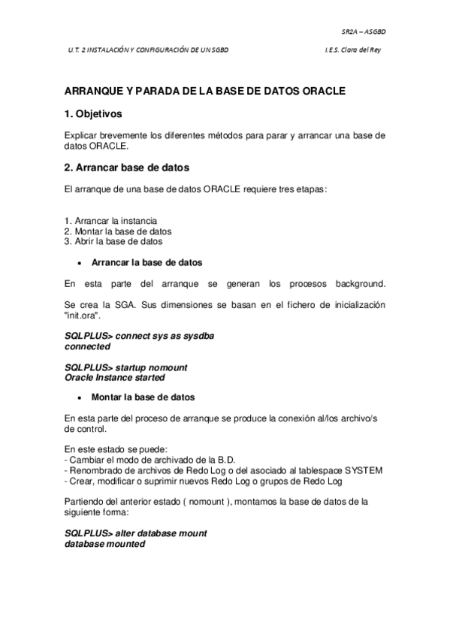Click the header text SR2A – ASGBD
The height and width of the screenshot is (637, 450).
(364, 33)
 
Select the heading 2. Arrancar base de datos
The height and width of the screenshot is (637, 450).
(126, 167)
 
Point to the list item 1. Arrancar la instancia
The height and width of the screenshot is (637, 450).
(110, 222)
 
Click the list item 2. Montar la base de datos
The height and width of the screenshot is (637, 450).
(118, 232)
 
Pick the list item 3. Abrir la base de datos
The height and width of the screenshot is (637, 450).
(113, 242)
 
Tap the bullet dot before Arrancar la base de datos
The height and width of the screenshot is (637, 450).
(79, 264)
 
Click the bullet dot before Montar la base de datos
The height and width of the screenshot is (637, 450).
(79, 397)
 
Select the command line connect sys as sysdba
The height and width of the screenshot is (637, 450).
(139, 337)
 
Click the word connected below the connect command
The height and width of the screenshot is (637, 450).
(87, 347)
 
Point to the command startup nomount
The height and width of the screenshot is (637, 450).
(126, 367)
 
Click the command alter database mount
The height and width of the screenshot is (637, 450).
(136, 533)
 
